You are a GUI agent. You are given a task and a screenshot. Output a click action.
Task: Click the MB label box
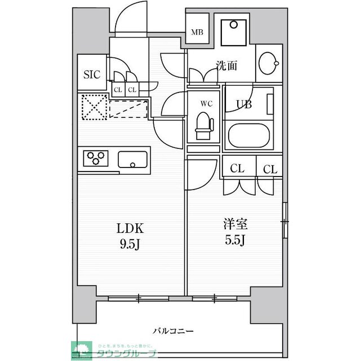click(197, 32)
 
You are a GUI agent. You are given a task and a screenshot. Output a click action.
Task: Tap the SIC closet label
click(92, 73)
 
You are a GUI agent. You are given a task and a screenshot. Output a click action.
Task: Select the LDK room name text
click(130, 228)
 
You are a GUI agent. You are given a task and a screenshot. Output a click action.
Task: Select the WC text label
click(206, 104)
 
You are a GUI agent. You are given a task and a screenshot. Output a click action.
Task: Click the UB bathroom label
click(243, 103)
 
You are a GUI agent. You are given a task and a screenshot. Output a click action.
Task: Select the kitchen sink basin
click(133, 159)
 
